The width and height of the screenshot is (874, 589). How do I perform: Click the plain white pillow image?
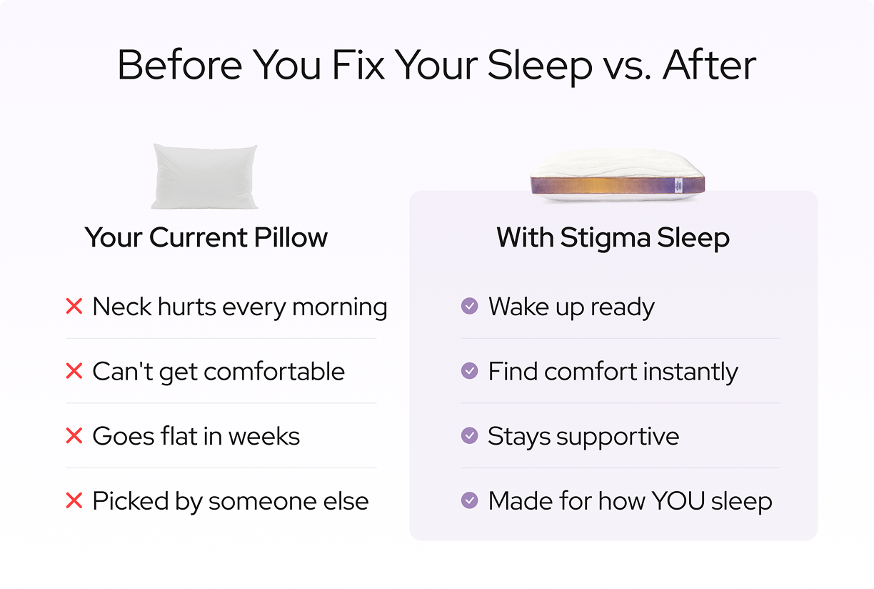pos(204,177)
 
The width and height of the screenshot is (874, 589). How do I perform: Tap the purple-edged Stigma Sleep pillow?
pos(617,176)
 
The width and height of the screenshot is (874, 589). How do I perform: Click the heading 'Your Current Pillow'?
pos(206,237)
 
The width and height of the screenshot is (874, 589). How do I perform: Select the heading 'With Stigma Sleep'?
pos(613,237)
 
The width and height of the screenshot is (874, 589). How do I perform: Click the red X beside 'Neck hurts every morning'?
pos(74,307)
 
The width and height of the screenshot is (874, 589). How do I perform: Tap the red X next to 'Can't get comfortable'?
pos(74,372)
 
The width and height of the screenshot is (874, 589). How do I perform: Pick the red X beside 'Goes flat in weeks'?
pos(74,436)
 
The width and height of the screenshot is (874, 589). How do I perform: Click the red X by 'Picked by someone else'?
pos(74,501)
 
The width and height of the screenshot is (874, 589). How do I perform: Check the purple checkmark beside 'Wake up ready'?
pos(469,307)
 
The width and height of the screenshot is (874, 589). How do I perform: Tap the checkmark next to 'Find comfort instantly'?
pos(469,372)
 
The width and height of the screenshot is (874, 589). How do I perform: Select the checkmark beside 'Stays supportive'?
pos(469,436)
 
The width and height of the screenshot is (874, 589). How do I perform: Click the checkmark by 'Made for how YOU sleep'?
pos(469,501)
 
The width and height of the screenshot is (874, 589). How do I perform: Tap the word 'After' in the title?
pos(709,66)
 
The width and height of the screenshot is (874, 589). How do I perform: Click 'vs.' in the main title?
pos(626,66)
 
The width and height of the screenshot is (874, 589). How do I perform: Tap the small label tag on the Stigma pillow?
pos(678,185)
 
